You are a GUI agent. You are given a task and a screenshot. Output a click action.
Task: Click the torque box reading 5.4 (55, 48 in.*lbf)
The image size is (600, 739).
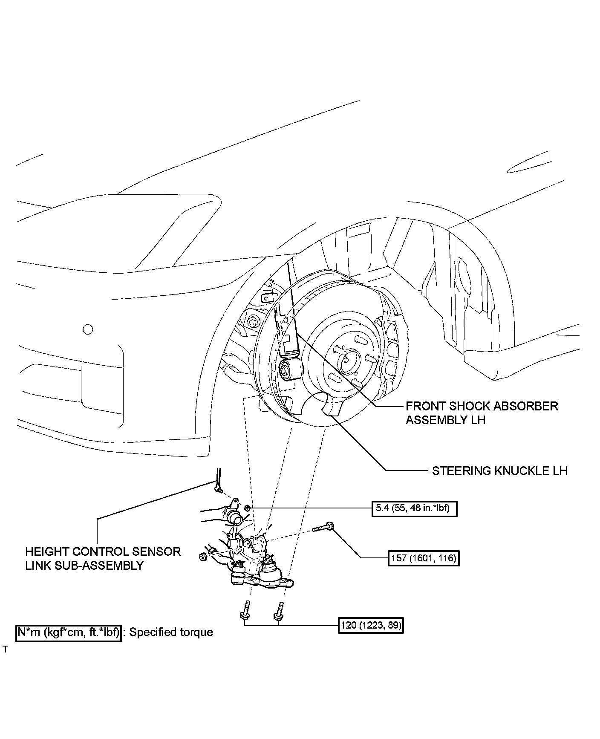pos(414,508)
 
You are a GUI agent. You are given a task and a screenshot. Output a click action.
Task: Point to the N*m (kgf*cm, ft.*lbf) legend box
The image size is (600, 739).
pos(69,632)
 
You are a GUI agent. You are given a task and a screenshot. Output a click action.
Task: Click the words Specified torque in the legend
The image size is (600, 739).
pos(171,632)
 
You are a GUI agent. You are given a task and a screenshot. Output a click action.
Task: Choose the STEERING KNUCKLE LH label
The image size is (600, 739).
pos(499,471)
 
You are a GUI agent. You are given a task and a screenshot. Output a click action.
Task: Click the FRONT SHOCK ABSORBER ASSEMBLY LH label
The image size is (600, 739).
pos(482,413)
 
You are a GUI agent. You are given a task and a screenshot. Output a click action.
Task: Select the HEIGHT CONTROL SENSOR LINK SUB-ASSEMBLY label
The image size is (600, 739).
pos(103,558)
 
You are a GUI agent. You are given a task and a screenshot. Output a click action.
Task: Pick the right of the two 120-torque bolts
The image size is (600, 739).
pos(279,611)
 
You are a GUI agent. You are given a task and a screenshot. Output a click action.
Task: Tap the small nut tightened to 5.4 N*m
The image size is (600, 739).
pos(247,508)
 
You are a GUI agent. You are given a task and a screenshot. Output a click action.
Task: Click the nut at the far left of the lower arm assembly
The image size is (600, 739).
pos(203,556)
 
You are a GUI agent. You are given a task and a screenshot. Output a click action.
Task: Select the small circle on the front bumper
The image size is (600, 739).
pos(88,329)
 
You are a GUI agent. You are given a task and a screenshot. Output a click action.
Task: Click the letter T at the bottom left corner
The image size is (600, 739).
pos(6,650)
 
